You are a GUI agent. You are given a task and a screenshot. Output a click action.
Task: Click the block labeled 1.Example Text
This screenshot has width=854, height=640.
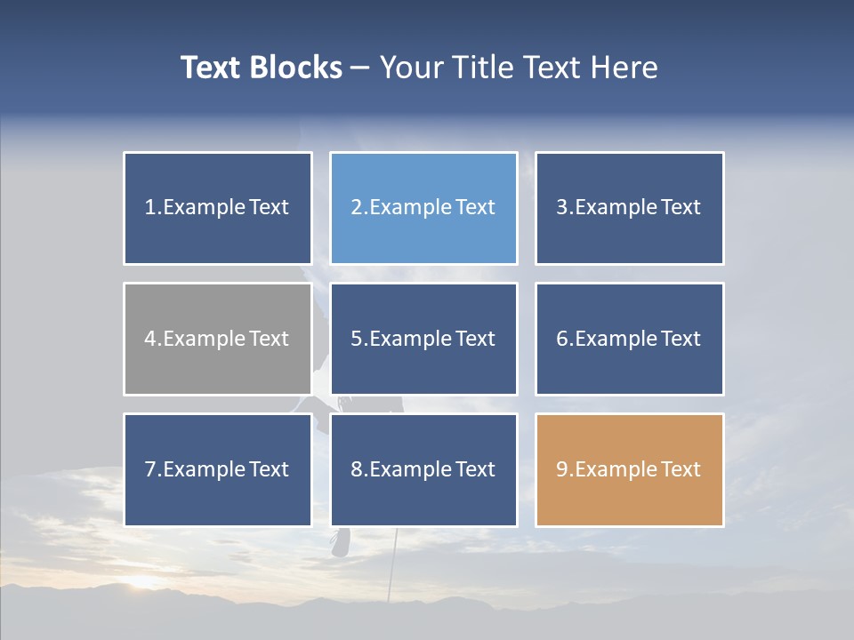pyautogui.click(x=218, y=208)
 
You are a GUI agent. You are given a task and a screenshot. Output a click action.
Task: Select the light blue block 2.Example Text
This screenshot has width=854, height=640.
pyautogui.click(x=423, y=208)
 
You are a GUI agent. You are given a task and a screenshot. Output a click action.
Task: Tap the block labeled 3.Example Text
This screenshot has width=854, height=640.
pyautogui.click(x=629, y=208)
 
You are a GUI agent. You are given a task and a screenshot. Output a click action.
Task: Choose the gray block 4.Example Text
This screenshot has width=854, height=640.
pyautogui.click(x=218, y=339)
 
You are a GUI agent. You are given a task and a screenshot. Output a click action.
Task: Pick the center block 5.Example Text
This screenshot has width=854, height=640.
pyautogui.click(x=423, y=339)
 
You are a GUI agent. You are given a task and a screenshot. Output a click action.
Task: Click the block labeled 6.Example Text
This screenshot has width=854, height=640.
pyautogui.click(x=629, y=339)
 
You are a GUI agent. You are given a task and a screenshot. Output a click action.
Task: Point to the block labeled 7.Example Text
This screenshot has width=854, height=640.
pyautogui.click(x=218, y=469)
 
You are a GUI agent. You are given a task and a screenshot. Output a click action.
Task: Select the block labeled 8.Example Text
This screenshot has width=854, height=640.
pyautogui.click(x=423, y=469)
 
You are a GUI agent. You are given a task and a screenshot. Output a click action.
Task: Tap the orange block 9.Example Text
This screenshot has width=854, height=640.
pyautogui.click(x=629, y=469)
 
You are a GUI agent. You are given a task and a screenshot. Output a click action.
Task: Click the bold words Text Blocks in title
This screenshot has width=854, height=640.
pyautogui.click(x=262, y=68)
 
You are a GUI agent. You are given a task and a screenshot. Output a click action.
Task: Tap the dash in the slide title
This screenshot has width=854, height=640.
pyautogui.click(x=360, y=68)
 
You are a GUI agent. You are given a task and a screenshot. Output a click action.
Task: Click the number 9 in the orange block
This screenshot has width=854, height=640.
pyautogui.click(x=562, y=469)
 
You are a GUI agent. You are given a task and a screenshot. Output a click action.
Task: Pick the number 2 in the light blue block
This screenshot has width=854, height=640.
pyautogui.click(x=356, y=208)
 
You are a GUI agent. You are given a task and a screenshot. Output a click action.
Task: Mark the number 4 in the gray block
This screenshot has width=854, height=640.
pyautogui.click(x=150, y=339)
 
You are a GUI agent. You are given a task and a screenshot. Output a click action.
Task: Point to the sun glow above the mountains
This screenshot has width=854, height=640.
pyautogui.click(x=142, y=582)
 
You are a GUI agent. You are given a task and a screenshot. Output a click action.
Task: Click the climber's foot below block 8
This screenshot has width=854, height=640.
pyautogui.click(x=341, y=542)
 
